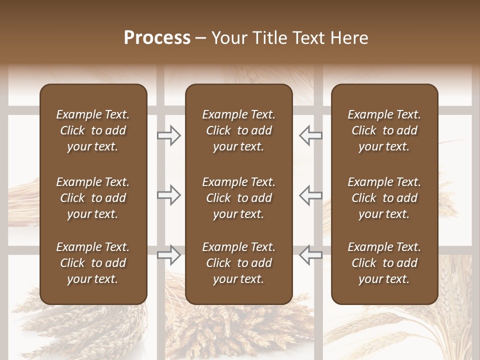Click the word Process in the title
[x=157, y=38]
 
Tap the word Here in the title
[x=348, y=38]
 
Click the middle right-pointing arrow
[x=169, y=195]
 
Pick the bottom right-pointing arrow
[x=169, y=254]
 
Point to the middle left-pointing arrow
[x=310, y=195]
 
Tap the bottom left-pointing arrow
[x=310, y=254]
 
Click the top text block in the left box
[x=93, y=130]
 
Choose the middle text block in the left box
[x=93, y=198]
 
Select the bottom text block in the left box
[x=93, y=263]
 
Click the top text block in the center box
[x=238, y=130]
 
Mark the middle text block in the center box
[x=238, y=198]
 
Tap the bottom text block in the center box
[x=238, y=263]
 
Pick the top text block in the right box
[x=384, y=130]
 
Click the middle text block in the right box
[x=384, y=198]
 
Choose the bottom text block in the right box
[x=384, y=263]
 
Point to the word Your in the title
[x=227, y=38]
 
